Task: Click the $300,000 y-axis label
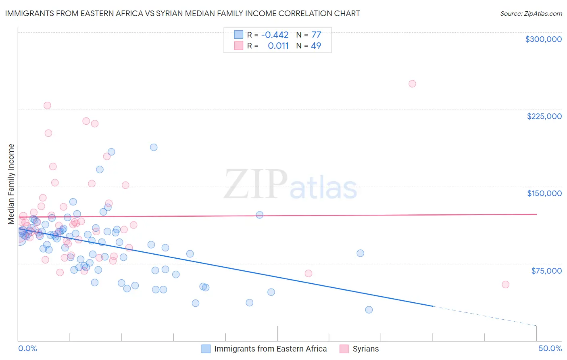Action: (543, 39)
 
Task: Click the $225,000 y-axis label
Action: (544, 116)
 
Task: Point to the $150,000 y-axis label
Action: (544, 193)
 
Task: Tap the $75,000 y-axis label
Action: (546, 271)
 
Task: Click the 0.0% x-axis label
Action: (27, 348)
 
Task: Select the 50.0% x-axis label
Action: (550, 348)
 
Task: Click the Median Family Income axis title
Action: (11, 184)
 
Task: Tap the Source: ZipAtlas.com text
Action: (531, 13)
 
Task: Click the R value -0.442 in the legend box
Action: (275, 35)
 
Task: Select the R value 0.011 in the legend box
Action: (278, 46)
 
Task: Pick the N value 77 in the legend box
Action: (316, 35)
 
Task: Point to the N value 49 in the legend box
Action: (316, 46)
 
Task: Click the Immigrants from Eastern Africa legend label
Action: (270, 349)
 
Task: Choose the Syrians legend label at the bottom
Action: (365, 349)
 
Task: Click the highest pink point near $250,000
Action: (412, 84)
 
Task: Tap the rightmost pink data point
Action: (505, 285)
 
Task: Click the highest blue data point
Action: (154, 147)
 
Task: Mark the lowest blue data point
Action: (369, 310)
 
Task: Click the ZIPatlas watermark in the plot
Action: (290, 185)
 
